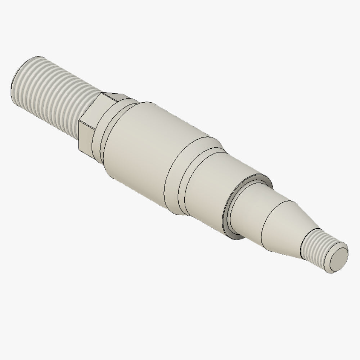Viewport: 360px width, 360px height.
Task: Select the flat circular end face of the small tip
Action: (x=338, y=259)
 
